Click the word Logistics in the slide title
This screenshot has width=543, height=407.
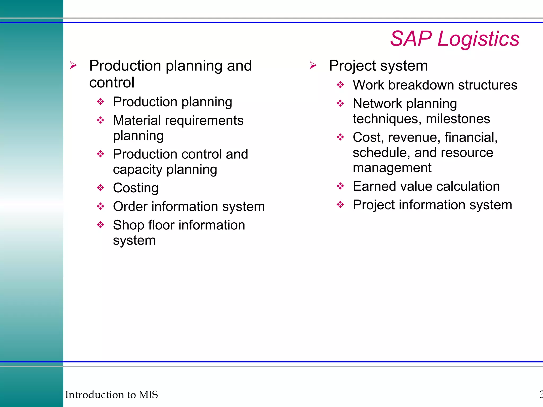tap(478, 39)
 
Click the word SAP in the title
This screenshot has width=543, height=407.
tap(411, 39)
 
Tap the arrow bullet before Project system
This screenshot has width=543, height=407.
tap(313, 65)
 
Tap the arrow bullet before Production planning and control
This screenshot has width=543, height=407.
tap(73, 65)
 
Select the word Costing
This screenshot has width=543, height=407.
tap(136, 188)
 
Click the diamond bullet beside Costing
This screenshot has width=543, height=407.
tap(100, 188)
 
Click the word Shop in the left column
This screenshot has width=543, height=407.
tap(129, 225)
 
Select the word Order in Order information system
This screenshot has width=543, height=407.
tap(130, 206)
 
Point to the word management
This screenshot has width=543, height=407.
tap(392, 168)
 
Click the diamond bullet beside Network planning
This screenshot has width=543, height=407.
tap(340, 103)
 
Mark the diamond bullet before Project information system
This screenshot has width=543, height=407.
tap(340, 205)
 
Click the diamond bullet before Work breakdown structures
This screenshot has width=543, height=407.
tap(340, 85)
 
